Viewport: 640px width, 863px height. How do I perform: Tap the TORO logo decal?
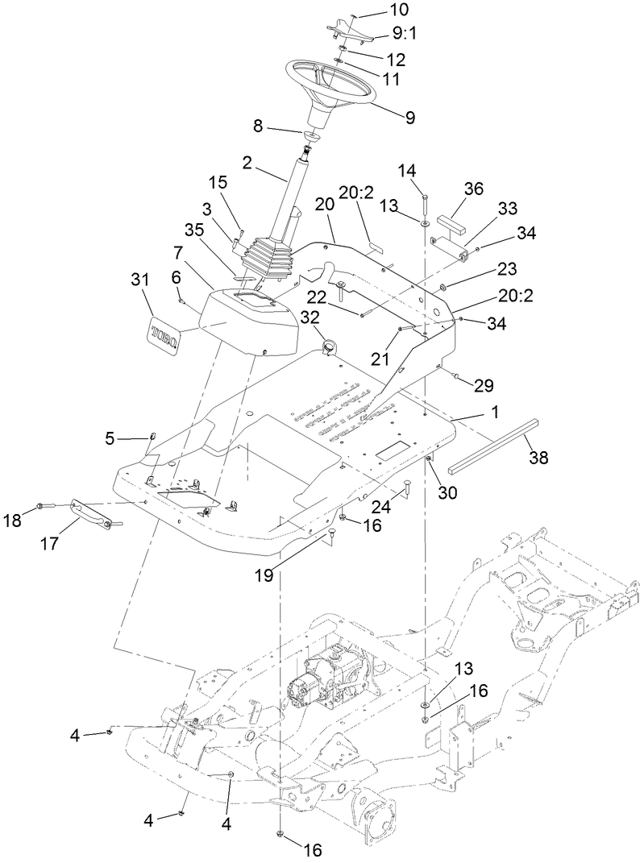click(x=164, y=330)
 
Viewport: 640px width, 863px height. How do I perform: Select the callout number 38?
click(x=538, y=457)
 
